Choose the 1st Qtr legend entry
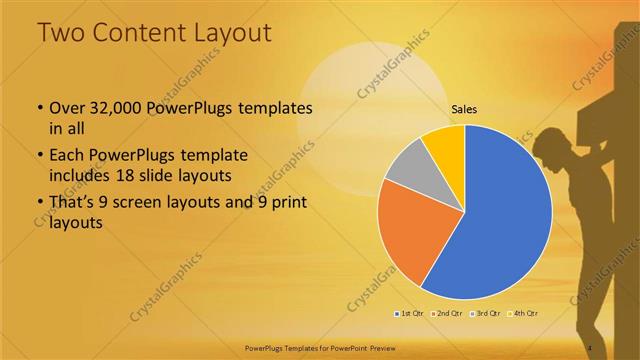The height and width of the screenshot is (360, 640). pos(408,314)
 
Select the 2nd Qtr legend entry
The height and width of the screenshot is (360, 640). pos(445,314)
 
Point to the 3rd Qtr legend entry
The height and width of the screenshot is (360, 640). pos(484,314)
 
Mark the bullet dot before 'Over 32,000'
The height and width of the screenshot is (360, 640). pos(39,108)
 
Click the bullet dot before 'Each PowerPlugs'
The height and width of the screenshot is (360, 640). pos(39,156)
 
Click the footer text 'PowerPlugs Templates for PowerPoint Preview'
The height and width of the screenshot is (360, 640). pos(319,347)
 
